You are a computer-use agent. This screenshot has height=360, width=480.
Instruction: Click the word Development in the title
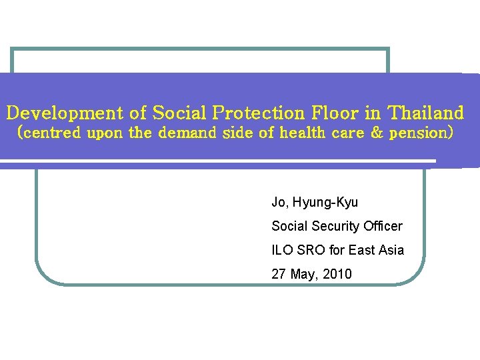(65, 112)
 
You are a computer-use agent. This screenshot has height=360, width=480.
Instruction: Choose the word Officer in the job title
(383, 227)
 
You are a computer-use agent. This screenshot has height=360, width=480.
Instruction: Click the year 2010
(339, 274)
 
